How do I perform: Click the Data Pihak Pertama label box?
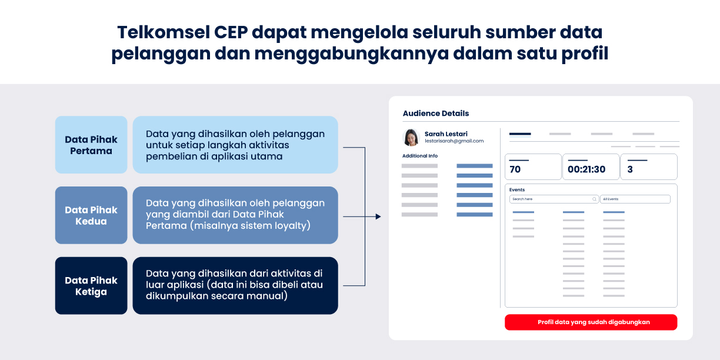coord(91,145)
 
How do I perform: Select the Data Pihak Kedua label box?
coord(91,215)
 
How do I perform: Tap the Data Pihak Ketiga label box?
coord(91,285)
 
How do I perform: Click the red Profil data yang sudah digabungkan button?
coord(591,322)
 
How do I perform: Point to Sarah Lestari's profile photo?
coord(411,137)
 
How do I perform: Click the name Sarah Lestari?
coord(446,134)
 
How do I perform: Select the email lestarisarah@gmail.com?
coord(454,141)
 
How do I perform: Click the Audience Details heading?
coord(435,113)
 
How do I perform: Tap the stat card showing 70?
coord(533,166)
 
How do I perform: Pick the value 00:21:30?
coord(586,169)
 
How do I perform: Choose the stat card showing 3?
coord(649,166)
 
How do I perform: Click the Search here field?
coord(554,199)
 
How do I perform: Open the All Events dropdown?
coord(635,199)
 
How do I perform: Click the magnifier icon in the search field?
coord(594,199)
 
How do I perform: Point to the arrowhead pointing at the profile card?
coord(378,216)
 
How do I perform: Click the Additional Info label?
coord(420,156)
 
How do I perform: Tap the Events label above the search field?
coord(517,189)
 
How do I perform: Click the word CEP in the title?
coord(231,32)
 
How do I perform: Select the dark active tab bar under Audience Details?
coord(520,134)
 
